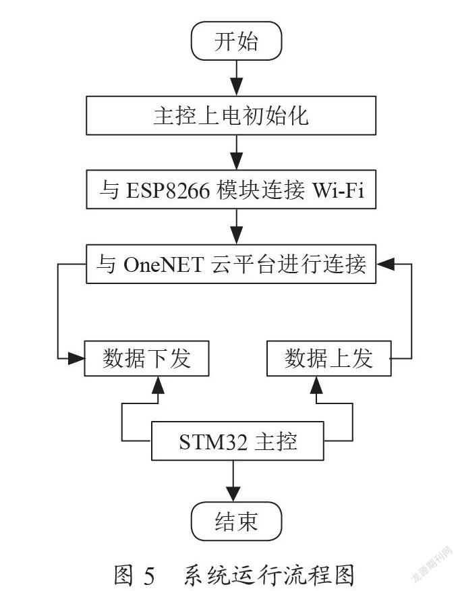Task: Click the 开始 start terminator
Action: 236,40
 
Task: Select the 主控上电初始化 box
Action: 231,115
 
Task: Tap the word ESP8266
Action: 168,190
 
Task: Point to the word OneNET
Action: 163,264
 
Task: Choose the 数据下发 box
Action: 146,358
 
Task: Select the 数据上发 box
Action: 329,358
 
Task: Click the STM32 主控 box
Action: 237,441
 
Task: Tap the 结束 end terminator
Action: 236,522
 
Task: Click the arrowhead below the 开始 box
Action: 236,86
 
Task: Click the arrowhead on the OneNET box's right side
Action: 385,264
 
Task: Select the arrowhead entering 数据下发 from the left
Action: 76,358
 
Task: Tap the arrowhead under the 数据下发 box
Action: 158,385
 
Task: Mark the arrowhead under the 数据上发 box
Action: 316,385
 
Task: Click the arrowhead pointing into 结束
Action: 233,493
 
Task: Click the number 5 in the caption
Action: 149,575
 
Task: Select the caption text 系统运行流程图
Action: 269,575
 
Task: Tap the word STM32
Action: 213,442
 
